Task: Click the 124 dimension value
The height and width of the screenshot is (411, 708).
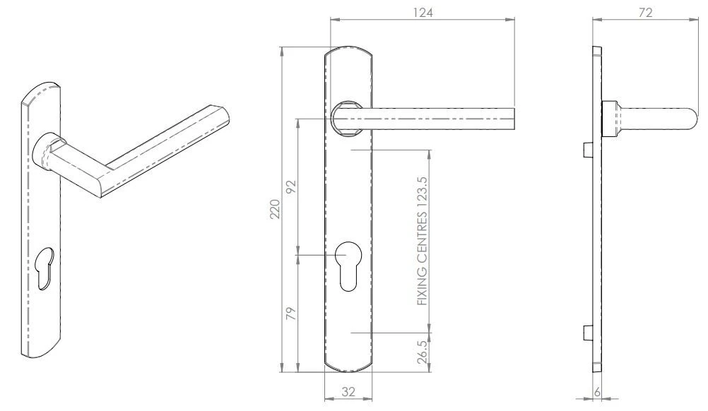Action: (422, 12)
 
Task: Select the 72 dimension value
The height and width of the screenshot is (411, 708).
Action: (645, 12)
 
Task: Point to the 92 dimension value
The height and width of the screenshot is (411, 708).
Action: (291, 186)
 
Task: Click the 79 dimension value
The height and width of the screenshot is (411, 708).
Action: (291, 312)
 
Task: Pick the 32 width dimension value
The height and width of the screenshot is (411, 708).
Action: (348, 393)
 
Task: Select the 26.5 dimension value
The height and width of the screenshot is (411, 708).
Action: (423, 352)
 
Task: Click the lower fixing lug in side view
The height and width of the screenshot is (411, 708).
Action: (586, 332)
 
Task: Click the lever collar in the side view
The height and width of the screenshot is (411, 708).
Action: (611, 119)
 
